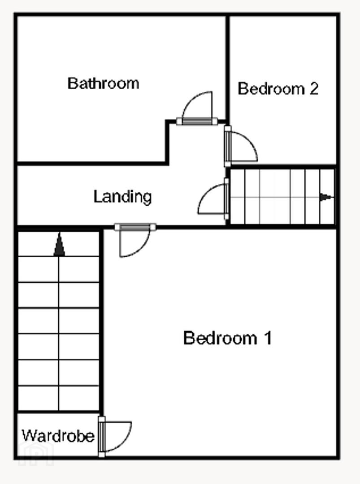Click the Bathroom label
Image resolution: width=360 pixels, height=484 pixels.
pos(103,83)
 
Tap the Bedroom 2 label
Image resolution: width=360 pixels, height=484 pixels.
pos(278,89)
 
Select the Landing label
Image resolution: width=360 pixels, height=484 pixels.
pos(122,197)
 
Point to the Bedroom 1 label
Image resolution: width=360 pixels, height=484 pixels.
pos(228,338)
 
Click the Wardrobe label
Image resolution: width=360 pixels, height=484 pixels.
pos(58,436)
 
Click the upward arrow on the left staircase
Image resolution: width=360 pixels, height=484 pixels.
pos(59,245)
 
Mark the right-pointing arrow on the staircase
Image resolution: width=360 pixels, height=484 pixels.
pos(326,197)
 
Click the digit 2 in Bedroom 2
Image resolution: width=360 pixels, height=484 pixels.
pos(314,89)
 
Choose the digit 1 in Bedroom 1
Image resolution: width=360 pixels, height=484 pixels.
pos(268,338)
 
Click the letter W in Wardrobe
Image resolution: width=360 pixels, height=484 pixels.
pos(28,436)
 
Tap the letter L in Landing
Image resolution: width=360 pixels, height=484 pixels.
pos(97,196)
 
